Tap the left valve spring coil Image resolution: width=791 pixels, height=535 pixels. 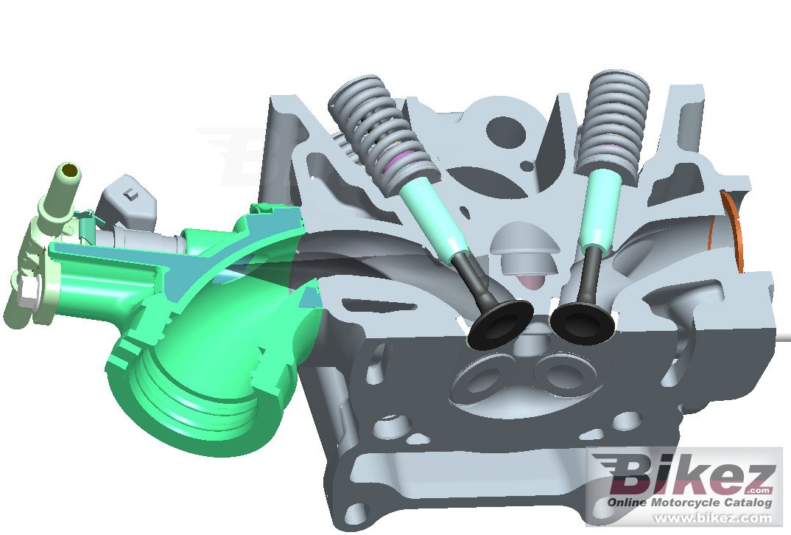coord(382,133)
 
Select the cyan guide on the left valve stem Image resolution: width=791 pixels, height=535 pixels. coord(434,218)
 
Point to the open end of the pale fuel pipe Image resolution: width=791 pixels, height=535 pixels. coord(69,171)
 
